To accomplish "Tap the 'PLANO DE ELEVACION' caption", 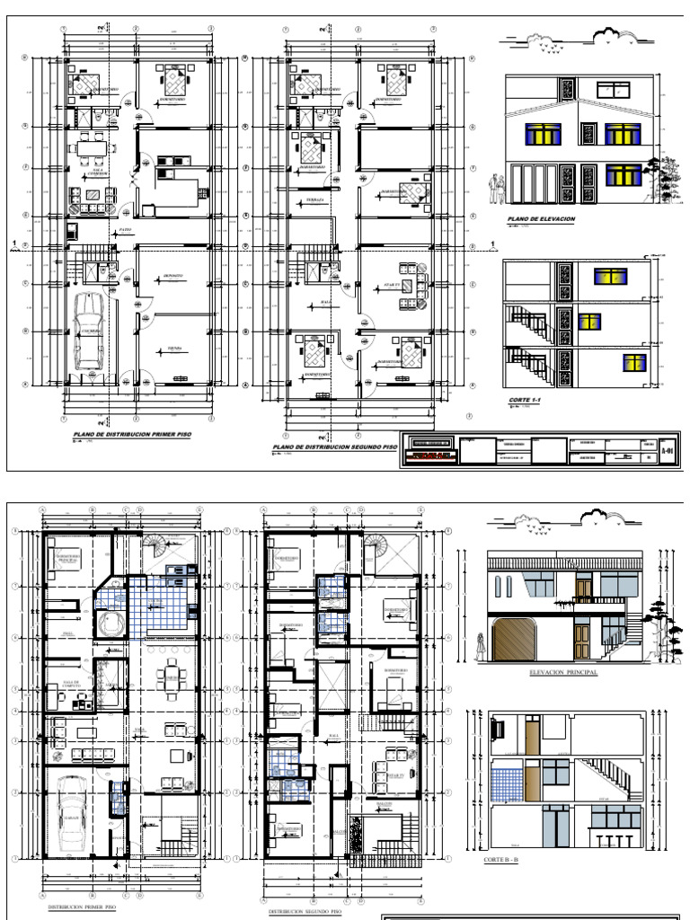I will [540, 218].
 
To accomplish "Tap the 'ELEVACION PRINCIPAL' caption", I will [565, 670].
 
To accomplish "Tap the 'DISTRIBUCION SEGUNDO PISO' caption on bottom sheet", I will [305, 911].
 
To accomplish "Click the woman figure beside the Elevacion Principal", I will [482, 642].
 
